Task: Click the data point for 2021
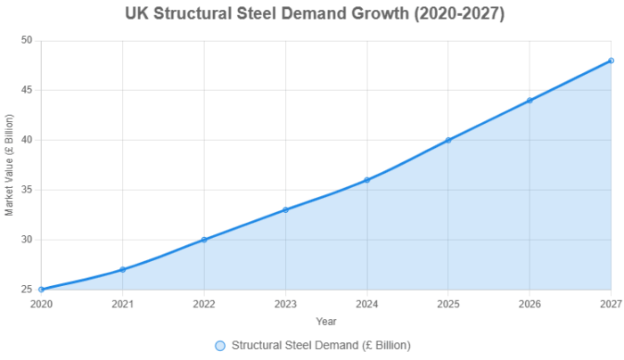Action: [x=122, y=269]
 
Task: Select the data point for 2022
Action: [x=204, y=240]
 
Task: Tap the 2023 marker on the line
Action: [x=285, y=209]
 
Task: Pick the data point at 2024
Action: [x=367, y=180]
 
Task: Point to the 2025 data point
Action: [x=448, y=140]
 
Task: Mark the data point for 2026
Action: [x=530, y=100]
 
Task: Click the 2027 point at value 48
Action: [x=611, y=61]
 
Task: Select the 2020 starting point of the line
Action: [x=41, y=290]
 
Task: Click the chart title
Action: [x=311, y=15]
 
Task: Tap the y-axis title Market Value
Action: [x=10, y=165]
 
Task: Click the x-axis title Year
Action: [x=326, y=321]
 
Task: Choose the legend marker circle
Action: [x=220, y=345]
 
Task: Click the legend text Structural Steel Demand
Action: [x=321, y=345]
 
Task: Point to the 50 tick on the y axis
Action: [x=26, y=41]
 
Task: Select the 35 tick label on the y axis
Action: [x=26, y=190]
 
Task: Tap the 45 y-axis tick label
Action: [x=26, y=90]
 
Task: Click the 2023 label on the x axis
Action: [x=285, y=304]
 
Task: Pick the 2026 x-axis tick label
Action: [x=530, y=304]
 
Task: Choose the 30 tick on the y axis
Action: [x=26, y=240]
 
